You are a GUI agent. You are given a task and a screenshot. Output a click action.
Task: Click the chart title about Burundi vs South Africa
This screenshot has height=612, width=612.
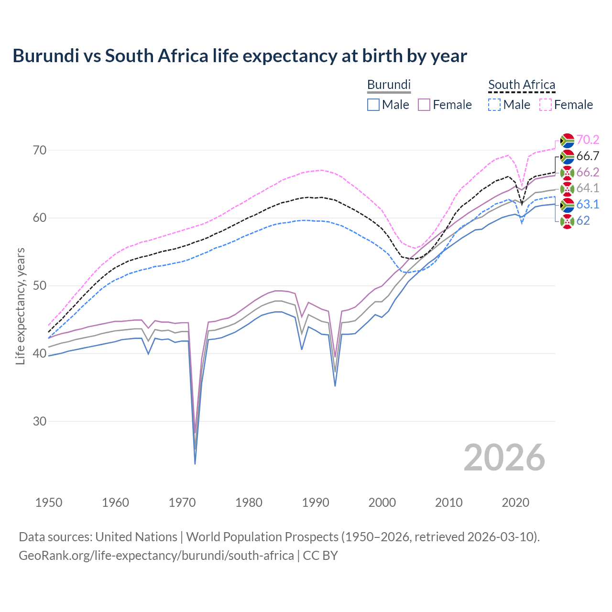tap(240, 56)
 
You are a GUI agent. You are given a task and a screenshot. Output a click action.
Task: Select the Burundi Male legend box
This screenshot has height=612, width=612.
tap(373, 105)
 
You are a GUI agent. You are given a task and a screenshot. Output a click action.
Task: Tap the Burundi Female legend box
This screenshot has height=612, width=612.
tap(424, 105)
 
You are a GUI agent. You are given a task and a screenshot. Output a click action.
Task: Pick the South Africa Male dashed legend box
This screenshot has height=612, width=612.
tap(494, 105)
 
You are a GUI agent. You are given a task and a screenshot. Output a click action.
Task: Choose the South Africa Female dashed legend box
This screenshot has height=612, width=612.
tap(545, 105)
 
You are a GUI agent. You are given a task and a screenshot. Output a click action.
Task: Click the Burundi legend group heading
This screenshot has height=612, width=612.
tap(389, 85)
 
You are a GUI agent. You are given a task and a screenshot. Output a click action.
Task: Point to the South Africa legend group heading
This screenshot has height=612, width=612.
tap(522, 85)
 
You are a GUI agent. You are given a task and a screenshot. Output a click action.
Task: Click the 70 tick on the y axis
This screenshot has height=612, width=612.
tap(40, 150)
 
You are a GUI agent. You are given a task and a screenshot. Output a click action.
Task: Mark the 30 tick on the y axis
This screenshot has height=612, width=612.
tap(40, 421)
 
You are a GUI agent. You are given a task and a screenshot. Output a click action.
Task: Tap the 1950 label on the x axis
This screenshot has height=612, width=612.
tap(49, 503)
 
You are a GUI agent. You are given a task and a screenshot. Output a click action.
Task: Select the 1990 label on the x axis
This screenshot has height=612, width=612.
tap(316, 503)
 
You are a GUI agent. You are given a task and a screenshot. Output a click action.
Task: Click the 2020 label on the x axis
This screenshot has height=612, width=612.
tap(515, 503)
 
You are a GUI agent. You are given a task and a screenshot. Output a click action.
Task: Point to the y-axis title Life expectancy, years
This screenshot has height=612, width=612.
tap(21, 306)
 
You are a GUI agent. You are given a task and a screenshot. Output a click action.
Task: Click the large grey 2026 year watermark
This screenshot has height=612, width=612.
tap(504, 458)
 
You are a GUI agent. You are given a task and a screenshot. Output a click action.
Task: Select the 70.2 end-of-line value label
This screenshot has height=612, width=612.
tap(588, 140)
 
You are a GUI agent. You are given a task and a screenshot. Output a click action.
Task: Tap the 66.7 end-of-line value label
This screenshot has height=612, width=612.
tap(588, 156)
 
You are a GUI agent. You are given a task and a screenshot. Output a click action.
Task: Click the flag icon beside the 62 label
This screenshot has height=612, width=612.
tap(567, 221)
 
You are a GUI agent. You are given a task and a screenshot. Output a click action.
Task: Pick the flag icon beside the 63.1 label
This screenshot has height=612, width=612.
tap(567, 205)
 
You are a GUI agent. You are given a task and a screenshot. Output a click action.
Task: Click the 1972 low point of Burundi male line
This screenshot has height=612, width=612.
tap(195, 463)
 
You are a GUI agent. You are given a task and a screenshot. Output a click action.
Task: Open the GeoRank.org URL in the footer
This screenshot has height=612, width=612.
tap(156, 556)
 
